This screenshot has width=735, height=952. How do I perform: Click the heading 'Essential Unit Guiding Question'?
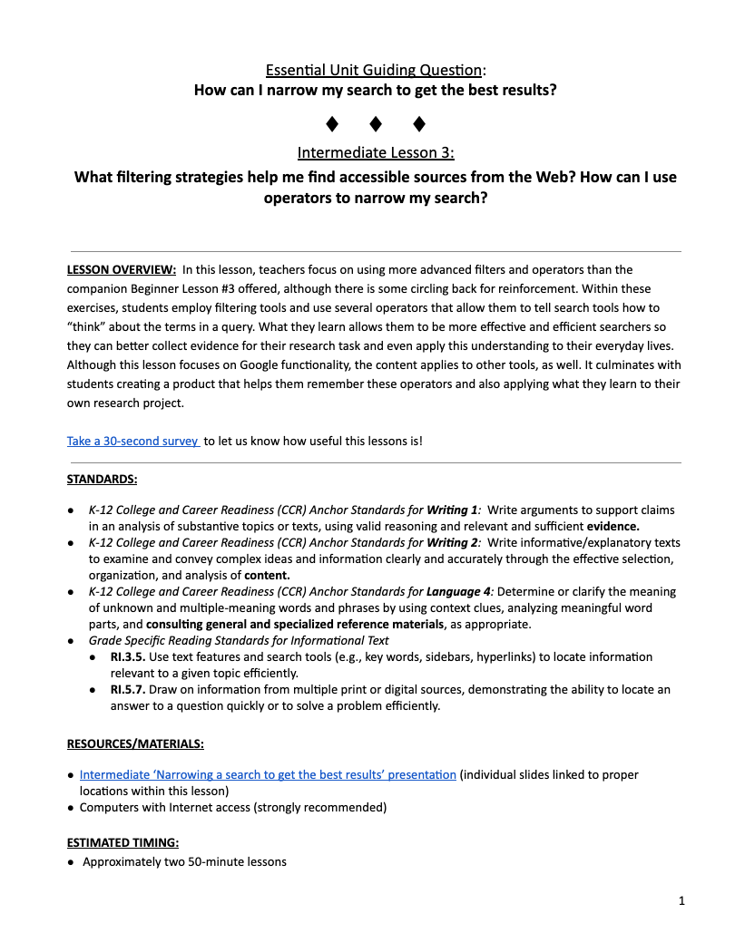tap(374, 70)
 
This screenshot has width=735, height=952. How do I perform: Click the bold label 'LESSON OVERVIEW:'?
tap(122, 269)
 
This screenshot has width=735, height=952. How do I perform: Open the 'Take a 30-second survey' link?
tap(133, 441)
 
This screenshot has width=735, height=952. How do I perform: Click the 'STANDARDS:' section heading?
tap(102, 479)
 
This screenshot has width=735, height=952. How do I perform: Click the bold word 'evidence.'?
tap(613, 526)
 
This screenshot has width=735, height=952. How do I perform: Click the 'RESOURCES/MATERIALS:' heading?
tap(135, 743)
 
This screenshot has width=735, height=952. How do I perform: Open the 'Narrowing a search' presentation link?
tap(268, 774)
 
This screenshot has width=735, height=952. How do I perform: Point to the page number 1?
tap(681, 900)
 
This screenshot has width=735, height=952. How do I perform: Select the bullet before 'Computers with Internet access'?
tap(72, 807)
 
